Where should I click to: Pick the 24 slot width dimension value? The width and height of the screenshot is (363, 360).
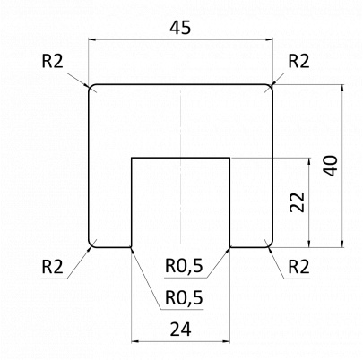pos(180,329)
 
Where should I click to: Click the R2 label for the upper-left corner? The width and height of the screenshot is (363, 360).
pos(53,61)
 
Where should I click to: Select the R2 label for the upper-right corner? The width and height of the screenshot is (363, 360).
pos(299,61)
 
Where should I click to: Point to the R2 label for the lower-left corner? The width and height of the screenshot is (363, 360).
pos(53,266)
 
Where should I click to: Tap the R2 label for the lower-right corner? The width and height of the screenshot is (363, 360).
pos(299,266)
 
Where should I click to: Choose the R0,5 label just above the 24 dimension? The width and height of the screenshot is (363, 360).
pos(185,297)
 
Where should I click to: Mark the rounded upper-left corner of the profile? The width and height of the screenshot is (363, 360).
pos(91,88)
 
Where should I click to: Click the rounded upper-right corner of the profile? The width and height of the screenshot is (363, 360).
pos(270,88)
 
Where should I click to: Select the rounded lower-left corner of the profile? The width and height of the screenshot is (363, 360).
pos(91,244)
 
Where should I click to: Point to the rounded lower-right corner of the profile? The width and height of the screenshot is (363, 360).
pos(270,244)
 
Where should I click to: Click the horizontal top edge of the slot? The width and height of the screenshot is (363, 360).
pos(180,159)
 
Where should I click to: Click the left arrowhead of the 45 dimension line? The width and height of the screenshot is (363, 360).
pos(93,39)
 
